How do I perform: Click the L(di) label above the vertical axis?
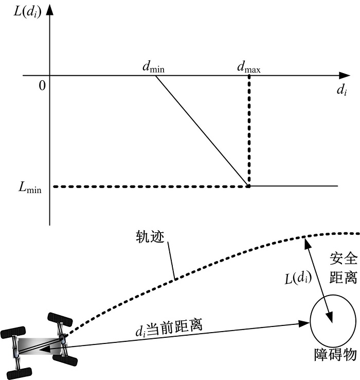pyautogui.click(x=26, y=10)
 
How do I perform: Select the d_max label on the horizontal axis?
pyautogui.click(x=248, y=66)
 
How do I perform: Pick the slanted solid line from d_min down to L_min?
pyautogui.click(x=201, y=130)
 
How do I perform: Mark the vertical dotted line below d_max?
pyautogui.click(x=249, y=129)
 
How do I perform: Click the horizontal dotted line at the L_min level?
pyautogui.click(x=149, y=186)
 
